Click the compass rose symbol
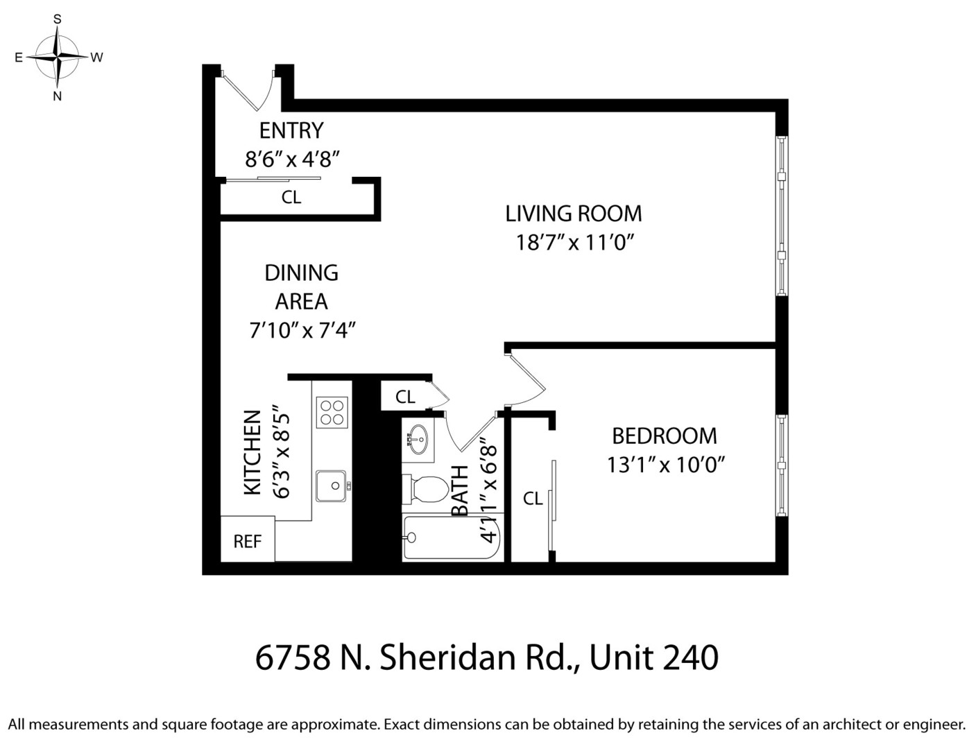pyautogui.click(x=58, y=57)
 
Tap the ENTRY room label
pyautogui.click(x=291, y=130)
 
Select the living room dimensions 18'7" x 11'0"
pyautogui.click(x=575, y=243)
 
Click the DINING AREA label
pyautogui.click(x=302, y=286)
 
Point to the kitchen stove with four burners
pyautogui.click(x=332, y=411)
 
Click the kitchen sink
pyautogui.click(x=331, y=485)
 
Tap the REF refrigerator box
pyautogui.click(x=247, y=540)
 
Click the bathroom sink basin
pyautogui.click(x=418, y=439)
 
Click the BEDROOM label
pyautogui.click(x=664, y=436)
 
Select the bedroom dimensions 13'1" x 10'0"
pyautogui.click(x=666, y=465)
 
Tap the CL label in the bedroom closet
pyautogui.click(x=532, y=499)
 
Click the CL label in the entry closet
pyautogui.click(x=291, y=198)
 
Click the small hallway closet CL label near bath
pyautogui.click(x=405, y=397)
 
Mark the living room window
pyautogui.click(x=782, y=215)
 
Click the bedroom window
pyautogui.click(x=782, y=465)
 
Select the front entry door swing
pyautogui.click(x=250, y=90)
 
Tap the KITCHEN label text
pyautogui.click(x=253, y=452)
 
